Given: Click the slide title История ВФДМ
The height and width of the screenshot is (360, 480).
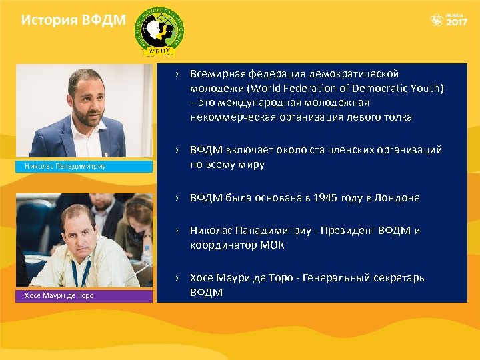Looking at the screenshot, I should click(x=73, y=20).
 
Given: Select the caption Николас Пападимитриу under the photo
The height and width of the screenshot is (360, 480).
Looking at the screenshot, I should click(x=61, y=166).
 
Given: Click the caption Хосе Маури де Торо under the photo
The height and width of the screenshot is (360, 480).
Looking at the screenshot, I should click(x=59, y=295).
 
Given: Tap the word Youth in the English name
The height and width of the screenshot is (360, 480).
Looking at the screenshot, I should click(x=427, y=88).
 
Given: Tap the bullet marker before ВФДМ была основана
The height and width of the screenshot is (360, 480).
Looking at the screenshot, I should click(x=178, y=199).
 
